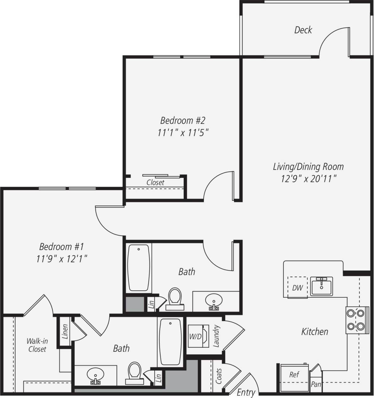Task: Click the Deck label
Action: [x=303, y=30]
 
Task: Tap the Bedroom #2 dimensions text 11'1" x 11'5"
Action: [x=183, y=133]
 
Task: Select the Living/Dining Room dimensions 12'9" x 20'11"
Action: [x=308, y=179]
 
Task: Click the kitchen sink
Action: [x=321, y=286]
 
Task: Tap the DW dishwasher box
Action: [x=297, y=288]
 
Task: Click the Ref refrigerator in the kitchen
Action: [x=294, y=375]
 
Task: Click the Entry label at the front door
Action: [x=246, y=392]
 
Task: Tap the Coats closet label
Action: [x=219, y=376]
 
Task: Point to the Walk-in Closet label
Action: [x=37, y=345]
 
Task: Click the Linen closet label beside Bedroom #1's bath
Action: [x=65, y=331]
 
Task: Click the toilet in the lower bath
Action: [x=134, y=372]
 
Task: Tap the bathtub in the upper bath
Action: [x=138, y=268]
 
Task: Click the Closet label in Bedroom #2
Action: [x=155, y=183]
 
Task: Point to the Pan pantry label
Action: [x=316, y=385]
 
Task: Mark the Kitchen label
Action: [x=314, y=332]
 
